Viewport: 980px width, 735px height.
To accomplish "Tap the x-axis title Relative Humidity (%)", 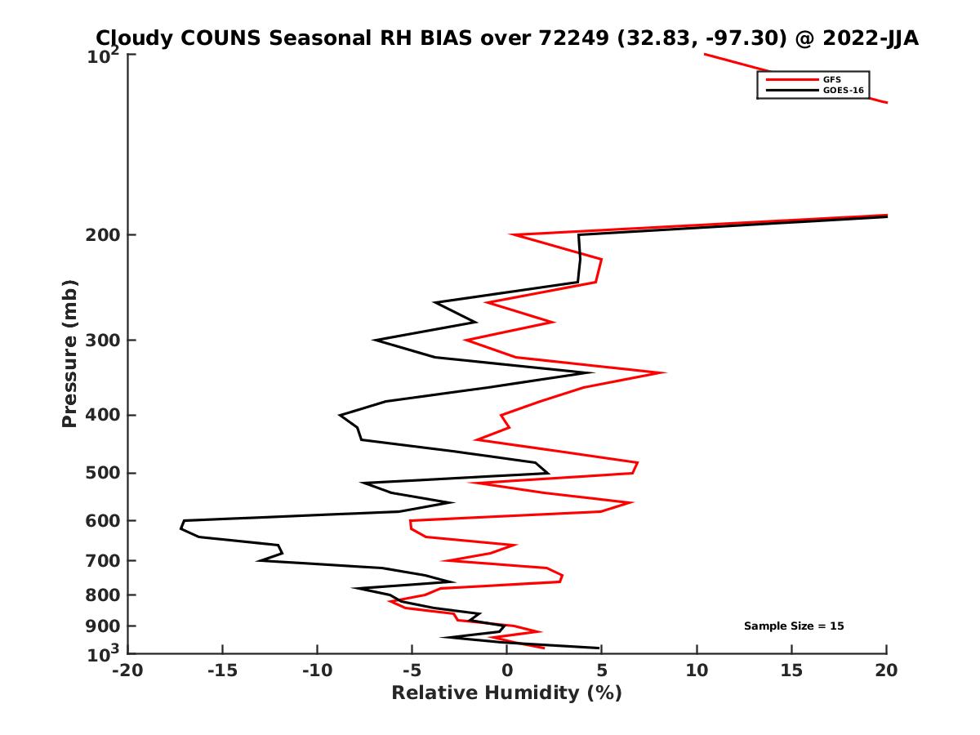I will coord(506,693).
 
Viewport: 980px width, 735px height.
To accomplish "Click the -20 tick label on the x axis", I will coord(127,671).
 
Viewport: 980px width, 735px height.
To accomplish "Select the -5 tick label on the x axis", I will coord(412,671).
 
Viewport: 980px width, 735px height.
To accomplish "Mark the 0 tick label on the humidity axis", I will coord(507,671).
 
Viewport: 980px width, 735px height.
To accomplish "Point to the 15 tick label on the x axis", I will coord(791,671).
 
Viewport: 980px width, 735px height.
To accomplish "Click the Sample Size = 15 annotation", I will coord(794,626).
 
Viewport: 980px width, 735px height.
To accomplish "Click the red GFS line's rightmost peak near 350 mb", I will coord(664,372).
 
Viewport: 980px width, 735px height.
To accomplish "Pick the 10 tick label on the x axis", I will coord(697,671).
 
